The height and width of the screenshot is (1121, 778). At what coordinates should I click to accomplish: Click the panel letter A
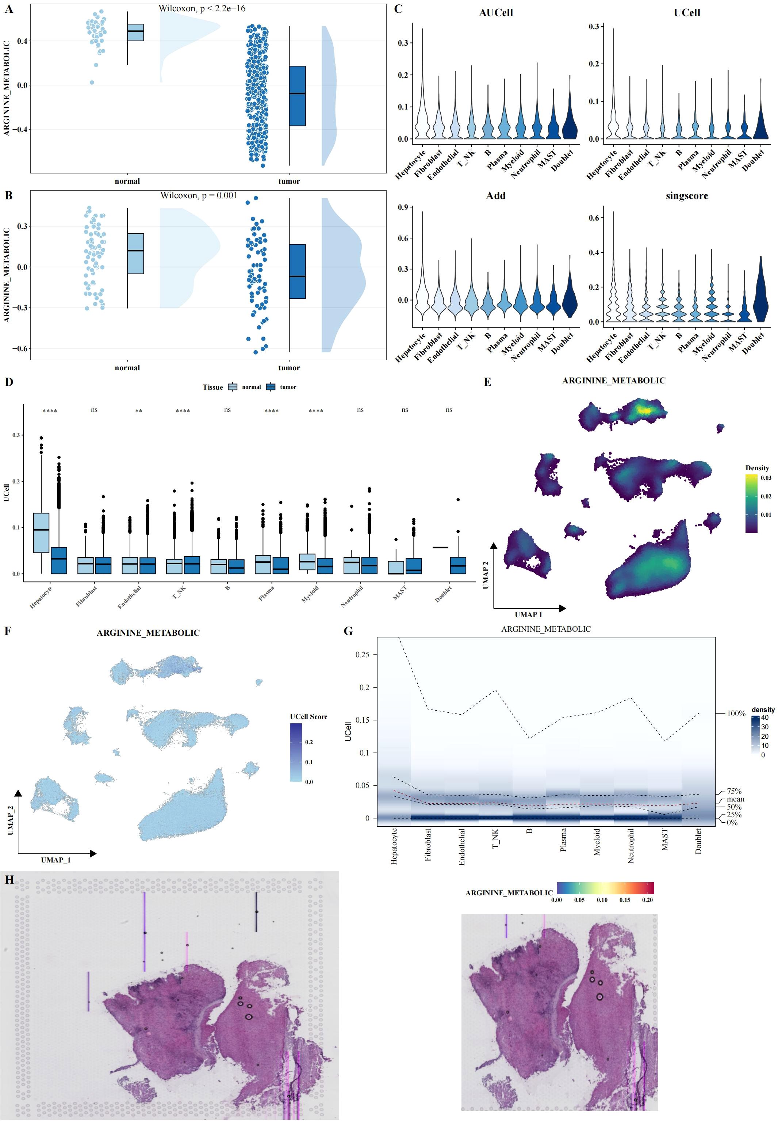(x=8, y=8)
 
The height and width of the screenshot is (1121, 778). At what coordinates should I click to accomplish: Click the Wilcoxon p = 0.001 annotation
(x=199, y=195)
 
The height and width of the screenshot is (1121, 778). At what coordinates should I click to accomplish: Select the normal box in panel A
(x=135, y=32)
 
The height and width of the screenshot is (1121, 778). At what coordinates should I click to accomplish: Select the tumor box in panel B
(x=297, y=271)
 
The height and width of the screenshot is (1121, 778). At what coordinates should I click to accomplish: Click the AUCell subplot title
(x=496, y=13)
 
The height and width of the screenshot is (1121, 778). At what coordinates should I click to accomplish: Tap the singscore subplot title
(x=686, y=196)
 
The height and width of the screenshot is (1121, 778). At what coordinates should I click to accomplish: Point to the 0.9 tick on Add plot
(x=403, y=207)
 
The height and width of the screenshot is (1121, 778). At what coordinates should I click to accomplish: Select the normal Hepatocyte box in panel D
(x=41, y=532)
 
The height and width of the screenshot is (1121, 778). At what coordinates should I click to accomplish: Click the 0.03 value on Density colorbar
(x=765, y=478)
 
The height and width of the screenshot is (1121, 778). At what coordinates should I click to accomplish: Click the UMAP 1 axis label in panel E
(x=528, y=615)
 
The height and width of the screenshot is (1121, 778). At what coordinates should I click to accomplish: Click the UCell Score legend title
(x=308, y=717)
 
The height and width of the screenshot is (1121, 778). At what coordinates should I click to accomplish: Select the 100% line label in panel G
(x=736, y=713)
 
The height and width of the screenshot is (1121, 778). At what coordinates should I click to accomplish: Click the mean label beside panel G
(x=735, y=799)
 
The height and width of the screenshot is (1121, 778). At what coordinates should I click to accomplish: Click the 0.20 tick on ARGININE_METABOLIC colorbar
(x=647, y=900)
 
